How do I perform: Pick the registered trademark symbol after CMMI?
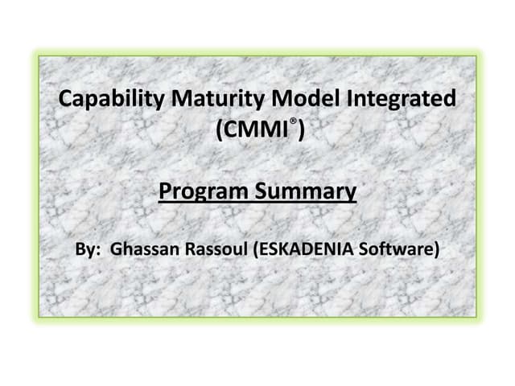coord(294,123)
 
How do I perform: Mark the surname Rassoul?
coord(217,249)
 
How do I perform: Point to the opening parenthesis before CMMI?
coord(222,130)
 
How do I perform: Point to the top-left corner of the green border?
coord(38,55)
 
